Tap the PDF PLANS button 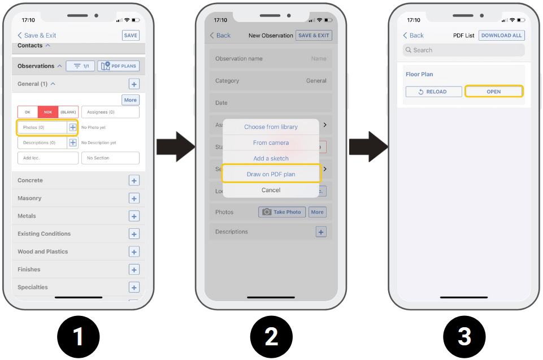point(119,66)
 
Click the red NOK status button point(48,112)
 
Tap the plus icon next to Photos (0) point(73,127)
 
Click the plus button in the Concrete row point(134,180)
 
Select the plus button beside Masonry point(134,198)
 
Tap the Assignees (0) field point(111,112)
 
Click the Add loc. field point(48,158)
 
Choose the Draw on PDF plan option point(271,174)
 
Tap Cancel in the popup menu point(271,190)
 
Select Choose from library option point(271,127)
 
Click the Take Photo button point(282,212)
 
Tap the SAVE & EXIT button point(314,36)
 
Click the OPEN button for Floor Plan point(494,92)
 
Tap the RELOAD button point(433,92)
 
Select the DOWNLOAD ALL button point(501,36)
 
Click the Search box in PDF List point(464,50)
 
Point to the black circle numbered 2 point(271,336)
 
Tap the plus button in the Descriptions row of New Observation point(321,232)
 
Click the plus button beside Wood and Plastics point(134,251)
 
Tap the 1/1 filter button point(80,66)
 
